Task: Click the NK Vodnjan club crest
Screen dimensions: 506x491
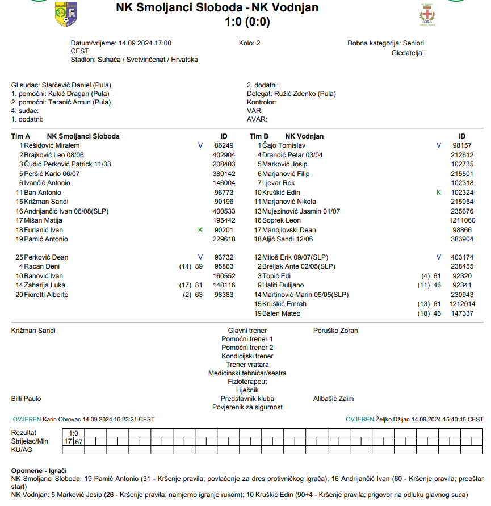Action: [427, 14]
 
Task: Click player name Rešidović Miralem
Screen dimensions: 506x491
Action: [48, 145]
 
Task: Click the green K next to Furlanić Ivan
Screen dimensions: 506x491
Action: [200, 229]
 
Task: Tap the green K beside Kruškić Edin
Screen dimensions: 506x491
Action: [438, 193]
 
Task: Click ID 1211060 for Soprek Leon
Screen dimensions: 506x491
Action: [462, 220]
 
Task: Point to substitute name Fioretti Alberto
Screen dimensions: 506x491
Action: [46, 295]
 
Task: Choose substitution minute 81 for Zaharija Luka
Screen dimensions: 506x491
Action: [199, 285]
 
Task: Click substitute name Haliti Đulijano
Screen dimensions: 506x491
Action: [283, 285]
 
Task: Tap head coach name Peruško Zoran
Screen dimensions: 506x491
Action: [335, 331]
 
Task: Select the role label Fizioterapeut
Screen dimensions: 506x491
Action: [247, 382]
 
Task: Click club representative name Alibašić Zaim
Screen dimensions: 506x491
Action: [333, 399]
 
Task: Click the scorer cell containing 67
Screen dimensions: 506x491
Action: [79, 441]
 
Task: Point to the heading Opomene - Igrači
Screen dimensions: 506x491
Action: [39, 471]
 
